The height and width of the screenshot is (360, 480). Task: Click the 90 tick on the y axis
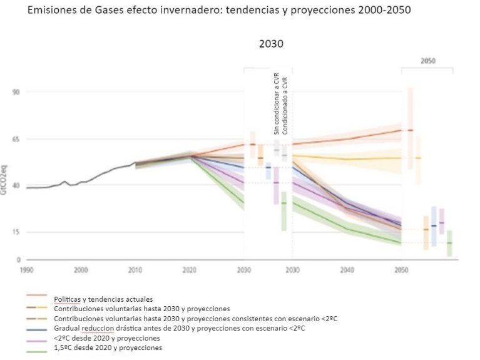tap(15, 92)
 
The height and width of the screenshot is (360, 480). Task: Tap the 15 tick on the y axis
tap(15, 232)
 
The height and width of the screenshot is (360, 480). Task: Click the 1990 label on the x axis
tap(26, 270)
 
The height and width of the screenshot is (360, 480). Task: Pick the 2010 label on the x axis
tap(135, 270)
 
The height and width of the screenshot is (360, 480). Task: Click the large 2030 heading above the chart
tap(271, 44)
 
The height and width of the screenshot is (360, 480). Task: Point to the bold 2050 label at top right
tap(428, 61)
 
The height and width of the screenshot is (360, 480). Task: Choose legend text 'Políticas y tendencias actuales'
tap(103, 299)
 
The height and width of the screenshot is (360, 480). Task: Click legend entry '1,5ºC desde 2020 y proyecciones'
tap(108, 347)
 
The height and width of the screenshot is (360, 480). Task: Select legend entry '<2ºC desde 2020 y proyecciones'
tap(108, 338)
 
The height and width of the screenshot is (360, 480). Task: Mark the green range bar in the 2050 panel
tap(449, 243)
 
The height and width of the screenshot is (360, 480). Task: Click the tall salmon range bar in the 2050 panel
tap(410, 128)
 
